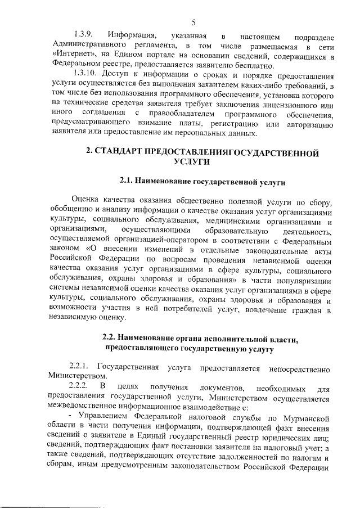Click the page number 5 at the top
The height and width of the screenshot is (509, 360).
[x=192, y=22]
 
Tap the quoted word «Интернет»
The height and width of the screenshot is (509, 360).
[x=71, y=57]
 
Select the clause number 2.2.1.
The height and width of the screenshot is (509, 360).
[x=80, y=368]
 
